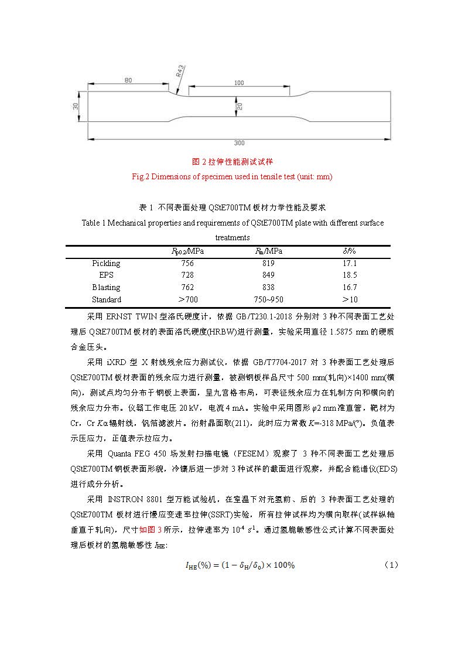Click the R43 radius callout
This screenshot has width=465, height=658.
pos(180,75)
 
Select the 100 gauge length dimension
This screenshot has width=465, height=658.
pos(238,83)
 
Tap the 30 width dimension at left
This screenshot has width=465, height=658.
pos(76,106)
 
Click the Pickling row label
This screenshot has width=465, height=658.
pos(106,264)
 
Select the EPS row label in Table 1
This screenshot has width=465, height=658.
pos(106,275)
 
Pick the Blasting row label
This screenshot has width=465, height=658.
pos(106,287)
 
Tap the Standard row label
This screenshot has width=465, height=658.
pos(106,299)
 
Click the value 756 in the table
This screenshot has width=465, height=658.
pos(187,264)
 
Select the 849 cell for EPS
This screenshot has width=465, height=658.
pos(268,275)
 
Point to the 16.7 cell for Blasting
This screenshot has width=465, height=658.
pos(350,287)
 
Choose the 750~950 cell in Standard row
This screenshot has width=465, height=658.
pos(268,299)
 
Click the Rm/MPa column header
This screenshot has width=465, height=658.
pos(268,251)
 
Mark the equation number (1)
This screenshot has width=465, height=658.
pos(391,565)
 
